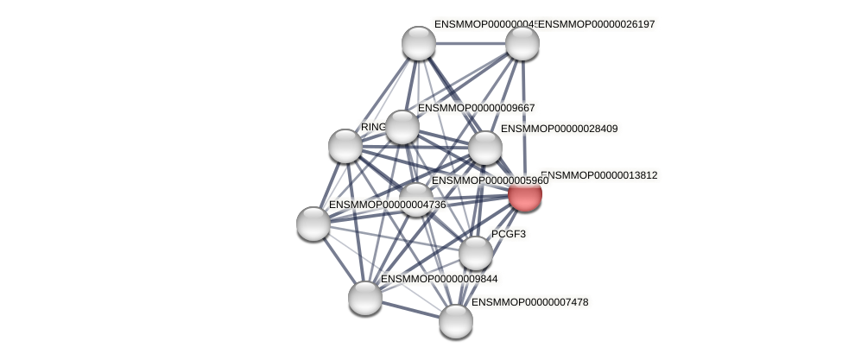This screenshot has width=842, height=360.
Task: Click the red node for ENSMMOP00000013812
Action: (x=524, y=194)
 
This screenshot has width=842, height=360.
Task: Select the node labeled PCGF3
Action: (x=475, y=253)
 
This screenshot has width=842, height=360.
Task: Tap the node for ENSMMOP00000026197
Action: (x=522, y=43)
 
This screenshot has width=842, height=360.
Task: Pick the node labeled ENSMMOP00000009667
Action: (x=402, y=127)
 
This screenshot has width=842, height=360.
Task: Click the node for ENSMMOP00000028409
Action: (x=484, y=148)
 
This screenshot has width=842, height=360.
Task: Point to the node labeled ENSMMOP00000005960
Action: (x=415, y=199)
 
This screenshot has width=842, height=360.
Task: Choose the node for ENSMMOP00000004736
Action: (x=313, y=223)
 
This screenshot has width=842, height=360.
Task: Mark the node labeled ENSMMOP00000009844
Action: (x=365, y=297)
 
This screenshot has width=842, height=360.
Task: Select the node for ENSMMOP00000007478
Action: (x=455, y=321)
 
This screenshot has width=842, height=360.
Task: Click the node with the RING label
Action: (x=345, y=146)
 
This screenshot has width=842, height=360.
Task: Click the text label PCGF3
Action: (x=509, y=234)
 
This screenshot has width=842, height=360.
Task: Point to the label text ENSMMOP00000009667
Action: (x=477, y=108)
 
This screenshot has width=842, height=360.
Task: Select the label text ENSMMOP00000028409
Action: (x=560, y=129)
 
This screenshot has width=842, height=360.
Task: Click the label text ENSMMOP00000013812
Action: (x=599, y=175)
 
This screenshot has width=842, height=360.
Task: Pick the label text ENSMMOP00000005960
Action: (x=490, y=180)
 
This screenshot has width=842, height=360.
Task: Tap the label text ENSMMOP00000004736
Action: (x=388, y=205)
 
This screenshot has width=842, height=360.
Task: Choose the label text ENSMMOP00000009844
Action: (x=439, y=279)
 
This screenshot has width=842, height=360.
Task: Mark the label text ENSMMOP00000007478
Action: (x=530, y=302)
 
